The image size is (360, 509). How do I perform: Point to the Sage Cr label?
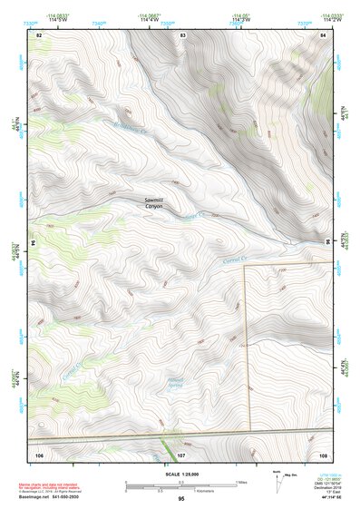pyautogui.click(x=195, y=215)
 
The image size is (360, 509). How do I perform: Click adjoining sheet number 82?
pyautogui.click(x=39, y=34)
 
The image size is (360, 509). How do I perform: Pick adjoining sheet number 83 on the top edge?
pyautogui.click(x=182, y=34)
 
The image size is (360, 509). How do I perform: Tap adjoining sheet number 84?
pyautogui.click(x=323, y=34)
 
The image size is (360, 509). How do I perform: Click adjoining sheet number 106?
pyautogui.click(x=39, y=452)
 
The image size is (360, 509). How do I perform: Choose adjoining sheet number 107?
pyautogui.click(x=181, y=452)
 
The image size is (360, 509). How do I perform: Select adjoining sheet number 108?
pyautogui.click(x=323, y=452)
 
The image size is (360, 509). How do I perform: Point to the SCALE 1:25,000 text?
pyautogui.click(x=181, y=474)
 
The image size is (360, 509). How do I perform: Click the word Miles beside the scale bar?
pyautogui.click(x=241, y=482)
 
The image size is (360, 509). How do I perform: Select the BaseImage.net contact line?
pyautogui.click(x=54, y=498)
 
